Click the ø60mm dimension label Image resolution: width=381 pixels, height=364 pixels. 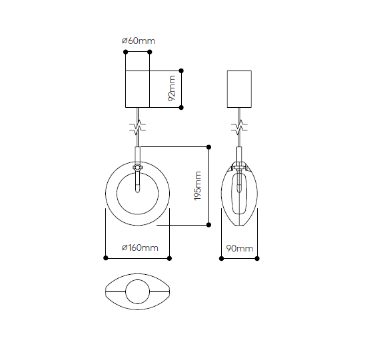tap(139, 41)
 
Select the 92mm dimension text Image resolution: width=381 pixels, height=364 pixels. tap(171, 89)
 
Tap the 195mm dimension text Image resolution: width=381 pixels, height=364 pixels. tap(198, 186)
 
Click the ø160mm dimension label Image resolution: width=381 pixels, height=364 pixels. tap(140, 248)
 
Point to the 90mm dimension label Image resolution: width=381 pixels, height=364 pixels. tap(239, 248)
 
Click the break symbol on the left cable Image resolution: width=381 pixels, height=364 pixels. tap(137, 127)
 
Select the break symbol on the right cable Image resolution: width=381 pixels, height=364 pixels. tap(239, 127)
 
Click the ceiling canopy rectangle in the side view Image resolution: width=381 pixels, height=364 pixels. tap(239, 89)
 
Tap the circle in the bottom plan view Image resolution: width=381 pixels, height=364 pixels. tap(137, 291)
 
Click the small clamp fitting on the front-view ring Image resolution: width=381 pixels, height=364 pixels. tap(137, 167)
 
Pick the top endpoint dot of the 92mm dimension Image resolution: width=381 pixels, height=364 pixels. tap(181, 71)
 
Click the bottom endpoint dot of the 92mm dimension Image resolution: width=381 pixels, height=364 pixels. tap(181, 107)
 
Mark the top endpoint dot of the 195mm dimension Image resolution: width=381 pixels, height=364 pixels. tap(208, 147)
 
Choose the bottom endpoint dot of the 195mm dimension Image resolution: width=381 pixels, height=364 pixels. tap(208, 225)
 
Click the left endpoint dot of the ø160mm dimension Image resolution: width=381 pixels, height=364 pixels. tap(106, 258)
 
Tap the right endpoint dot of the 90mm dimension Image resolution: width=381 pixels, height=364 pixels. tap(257, 258)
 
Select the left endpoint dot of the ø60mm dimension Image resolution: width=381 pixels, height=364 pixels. tap(126, 52)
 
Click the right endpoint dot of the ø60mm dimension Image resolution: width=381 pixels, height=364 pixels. tap(150, 52)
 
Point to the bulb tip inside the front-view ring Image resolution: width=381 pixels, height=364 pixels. tap(137, 192)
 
